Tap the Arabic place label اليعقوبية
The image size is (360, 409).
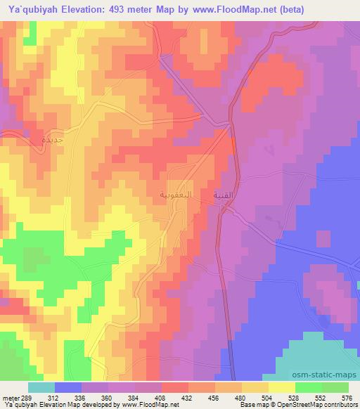(175, 193)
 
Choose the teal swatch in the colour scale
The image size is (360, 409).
(42, 387)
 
